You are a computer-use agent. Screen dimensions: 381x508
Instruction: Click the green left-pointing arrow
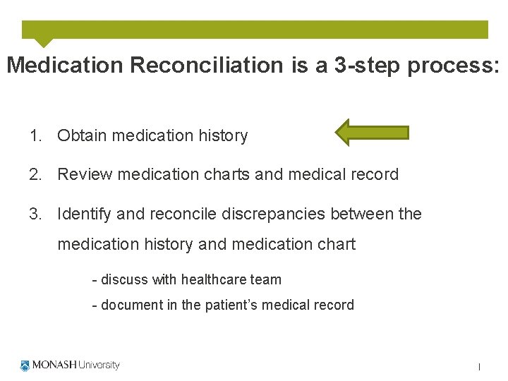click(371, 133)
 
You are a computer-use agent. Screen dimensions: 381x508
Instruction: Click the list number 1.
click(35, 135)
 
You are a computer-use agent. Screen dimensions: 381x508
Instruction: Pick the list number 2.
click(35, 174)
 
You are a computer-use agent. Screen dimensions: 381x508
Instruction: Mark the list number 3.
click(35, 214)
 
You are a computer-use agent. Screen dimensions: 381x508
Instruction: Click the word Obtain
click(80, 135)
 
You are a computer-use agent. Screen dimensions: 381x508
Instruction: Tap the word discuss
click(125, 279)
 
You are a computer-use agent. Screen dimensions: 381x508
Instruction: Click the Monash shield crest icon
click(25, 365)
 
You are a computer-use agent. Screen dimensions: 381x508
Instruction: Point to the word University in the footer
click(98, 365)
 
